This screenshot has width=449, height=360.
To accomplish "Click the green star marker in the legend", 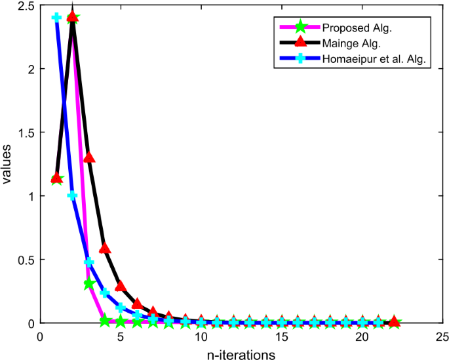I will pyautogui.click(x=300, y=28).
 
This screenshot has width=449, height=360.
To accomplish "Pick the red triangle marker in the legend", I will pyautogui.click(x=300, y=43).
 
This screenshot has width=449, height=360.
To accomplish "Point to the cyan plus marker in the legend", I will pyautogui.click(x=300, y=59).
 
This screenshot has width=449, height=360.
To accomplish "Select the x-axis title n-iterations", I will pyautogui.click(x=241, y=354).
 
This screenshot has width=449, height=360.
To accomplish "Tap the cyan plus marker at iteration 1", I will pyautogui.click(x=56, y=17).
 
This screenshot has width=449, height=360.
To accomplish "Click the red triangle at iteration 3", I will pyautogui.click(x=89, y=157).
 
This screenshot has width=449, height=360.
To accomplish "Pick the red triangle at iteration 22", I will pyautogui.click(x=394, y=321).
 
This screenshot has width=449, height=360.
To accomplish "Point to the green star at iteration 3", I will pyautogui.click(x=89, y=283).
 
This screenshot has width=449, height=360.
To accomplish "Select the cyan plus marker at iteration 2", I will pyautogui.click(x=73, y=195).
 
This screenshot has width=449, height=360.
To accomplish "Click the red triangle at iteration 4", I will pyautogui.click(x=105, y=248).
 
